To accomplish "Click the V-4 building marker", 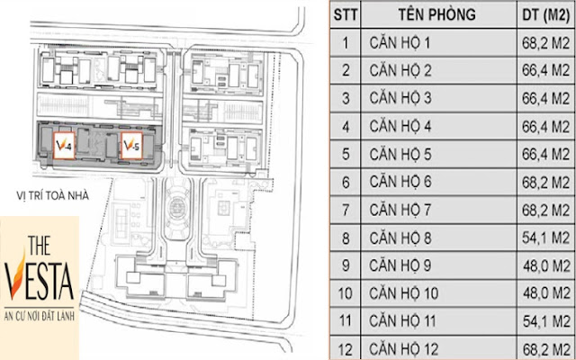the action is click(64, 146).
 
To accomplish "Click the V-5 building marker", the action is click(132, 146).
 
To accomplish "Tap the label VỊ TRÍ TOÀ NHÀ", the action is click(52, 196).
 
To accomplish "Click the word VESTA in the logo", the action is click(40, 279).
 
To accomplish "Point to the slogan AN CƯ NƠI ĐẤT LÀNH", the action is click(40, 316).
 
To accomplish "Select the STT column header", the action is click(346, 14).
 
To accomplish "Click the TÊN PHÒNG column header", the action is click(437, 14).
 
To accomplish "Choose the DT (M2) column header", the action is click(546, 14).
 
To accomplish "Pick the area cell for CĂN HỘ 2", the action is click(546, 70).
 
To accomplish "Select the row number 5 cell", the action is click(346, 154).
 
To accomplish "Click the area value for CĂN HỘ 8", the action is click(546, 238).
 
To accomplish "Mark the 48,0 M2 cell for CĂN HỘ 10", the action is click(546, 293).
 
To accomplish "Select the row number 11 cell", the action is click(346, 321).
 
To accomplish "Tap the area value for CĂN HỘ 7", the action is click(546, 210).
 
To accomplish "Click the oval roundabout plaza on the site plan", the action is click(178, 209).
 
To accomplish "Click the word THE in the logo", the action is click(39, 245).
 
